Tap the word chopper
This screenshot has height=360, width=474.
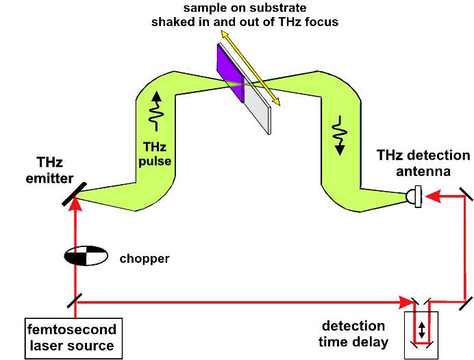click(143, 259)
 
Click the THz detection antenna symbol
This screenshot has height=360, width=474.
click(413, 196)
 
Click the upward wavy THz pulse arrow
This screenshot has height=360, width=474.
click(157, 110)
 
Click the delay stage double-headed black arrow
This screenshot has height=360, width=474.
click(422, 330)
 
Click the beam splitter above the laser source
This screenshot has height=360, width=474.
click(75, 300)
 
